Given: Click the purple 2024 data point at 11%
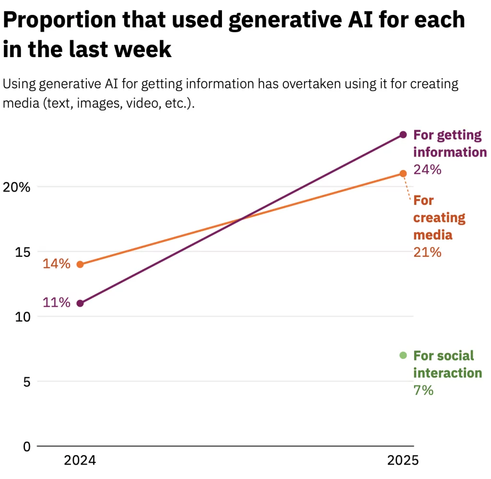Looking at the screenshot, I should click(80, 303).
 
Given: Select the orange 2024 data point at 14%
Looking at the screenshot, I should click(80, 264).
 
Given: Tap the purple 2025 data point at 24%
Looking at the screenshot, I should click(403, 134).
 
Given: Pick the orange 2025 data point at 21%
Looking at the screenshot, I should click(403, 173).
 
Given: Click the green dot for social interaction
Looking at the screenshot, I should click(403, 355).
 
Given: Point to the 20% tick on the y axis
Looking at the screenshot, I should click(16, 187).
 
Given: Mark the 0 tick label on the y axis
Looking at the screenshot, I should click(25, 447).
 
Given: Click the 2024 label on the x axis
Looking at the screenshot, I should click(80, 461).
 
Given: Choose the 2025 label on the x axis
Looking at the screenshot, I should click(403, 461).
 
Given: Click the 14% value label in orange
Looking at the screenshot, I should click(57, 264).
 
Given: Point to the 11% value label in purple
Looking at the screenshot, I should click(57, 303).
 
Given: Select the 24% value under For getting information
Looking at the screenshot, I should click(427, 169).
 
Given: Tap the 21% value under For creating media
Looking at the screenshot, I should click(427, 252).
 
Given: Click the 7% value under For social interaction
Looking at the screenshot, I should click(423, 390).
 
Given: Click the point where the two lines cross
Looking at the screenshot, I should click(242, 219).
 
